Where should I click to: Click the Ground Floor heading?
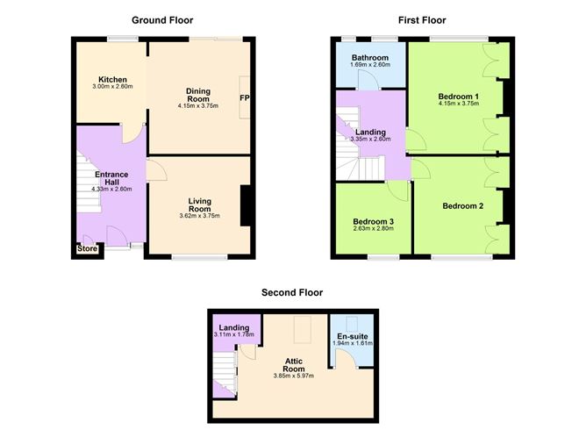(x=162, y=20)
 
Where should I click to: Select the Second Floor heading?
(x=292, y=292)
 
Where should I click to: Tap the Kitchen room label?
(x=113, y=78)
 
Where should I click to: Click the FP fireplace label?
(x=245, y=98)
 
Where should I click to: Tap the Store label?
(x=87, y=249)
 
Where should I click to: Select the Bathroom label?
(x=368, y=54)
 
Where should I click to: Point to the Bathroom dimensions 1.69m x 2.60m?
(x=368, y=64)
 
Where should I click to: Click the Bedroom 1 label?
(x=459, y=97)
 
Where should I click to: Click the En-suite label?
(x=353, y=334)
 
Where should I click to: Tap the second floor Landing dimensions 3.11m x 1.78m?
(x=233, y=336)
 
